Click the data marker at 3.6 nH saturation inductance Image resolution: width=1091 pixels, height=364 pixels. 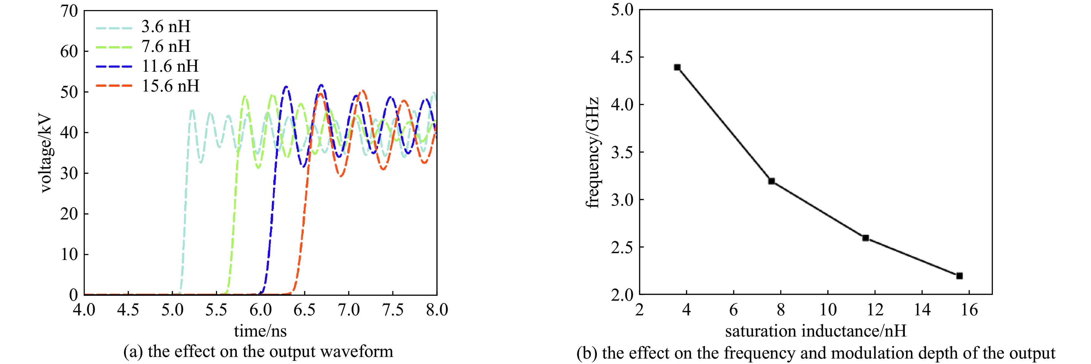point(677,67)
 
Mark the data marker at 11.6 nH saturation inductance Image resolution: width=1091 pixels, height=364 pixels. point(866,238)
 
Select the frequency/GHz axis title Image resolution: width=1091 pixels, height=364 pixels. point(592,152)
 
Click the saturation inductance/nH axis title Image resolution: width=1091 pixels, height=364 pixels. point(816,331)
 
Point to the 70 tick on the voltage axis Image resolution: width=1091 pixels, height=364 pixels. point(69,11)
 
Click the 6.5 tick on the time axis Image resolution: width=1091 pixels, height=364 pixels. point(305,310)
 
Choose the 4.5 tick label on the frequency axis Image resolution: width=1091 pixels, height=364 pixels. point(622,57)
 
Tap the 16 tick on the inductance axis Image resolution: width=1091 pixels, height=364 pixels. point(969,310)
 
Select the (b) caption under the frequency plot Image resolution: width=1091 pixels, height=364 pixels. point(816,353)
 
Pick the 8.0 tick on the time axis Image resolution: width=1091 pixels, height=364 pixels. point(437,310)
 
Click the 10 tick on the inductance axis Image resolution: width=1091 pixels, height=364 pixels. point(828,310)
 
